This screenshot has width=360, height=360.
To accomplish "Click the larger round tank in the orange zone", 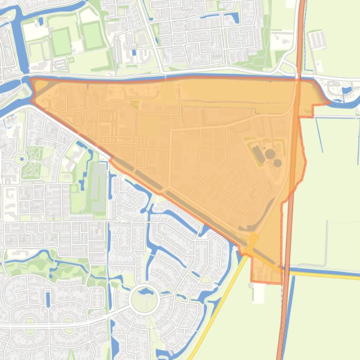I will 270,153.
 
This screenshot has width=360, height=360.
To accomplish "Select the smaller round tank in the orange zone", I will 278,163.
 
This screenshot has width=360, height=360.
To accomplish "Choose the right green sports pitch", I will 92,36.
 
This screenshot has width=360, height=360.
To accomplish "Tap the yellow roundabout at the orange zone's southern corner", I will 253,238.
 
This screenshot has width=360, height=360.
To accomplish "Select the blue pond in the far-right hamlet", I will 347,90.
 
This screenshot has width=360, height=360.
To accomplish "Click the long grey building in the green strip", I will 98,186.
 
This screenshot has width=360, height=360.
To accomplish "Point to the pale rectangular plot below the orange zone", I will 258,293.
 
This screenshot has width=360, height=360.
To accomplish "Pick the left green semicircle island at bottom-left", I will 30,322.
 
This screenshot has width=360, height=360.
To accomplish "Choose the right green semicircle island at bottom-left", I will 68,322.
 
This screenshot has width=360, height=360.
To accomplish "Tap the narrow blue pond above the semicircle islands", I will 48,299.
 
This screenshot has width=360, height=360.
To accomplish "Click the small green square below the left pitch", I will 71,59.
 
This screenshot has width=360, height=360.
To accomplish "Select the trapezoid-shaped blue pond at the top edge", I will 232,18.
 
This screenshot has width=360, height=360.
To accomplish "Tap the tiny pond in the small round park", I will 20,159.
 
